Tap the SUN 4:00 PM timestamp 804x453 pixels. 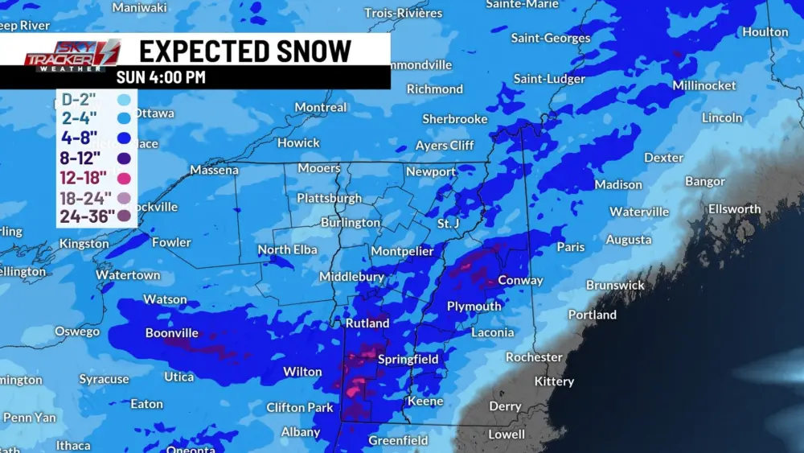(161, 77)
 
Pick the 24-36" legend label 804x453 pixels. (88, 216)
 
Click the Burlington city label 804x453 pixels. (350, 223)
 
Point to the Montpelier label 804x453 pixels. (402, 252)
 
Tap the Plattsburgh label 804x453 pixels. (329, 198)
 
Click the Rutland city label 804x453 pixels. (367, 323)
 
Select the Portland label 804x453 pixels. (592, 315)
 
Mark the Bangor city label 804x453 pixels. (704, 182)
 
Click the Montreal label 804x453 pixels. (321, 108)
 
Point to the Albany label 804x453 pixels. (300, 432)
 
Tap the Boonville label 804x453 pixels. (171, 333)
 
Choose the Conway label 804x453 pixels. (520, 281)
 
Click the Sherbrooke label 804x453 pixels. (455, 119)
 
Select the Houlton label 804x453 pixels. (765, 32)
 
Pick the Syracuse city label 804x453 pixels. (104, 379)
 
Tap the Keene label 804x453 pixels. (425, 401)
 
